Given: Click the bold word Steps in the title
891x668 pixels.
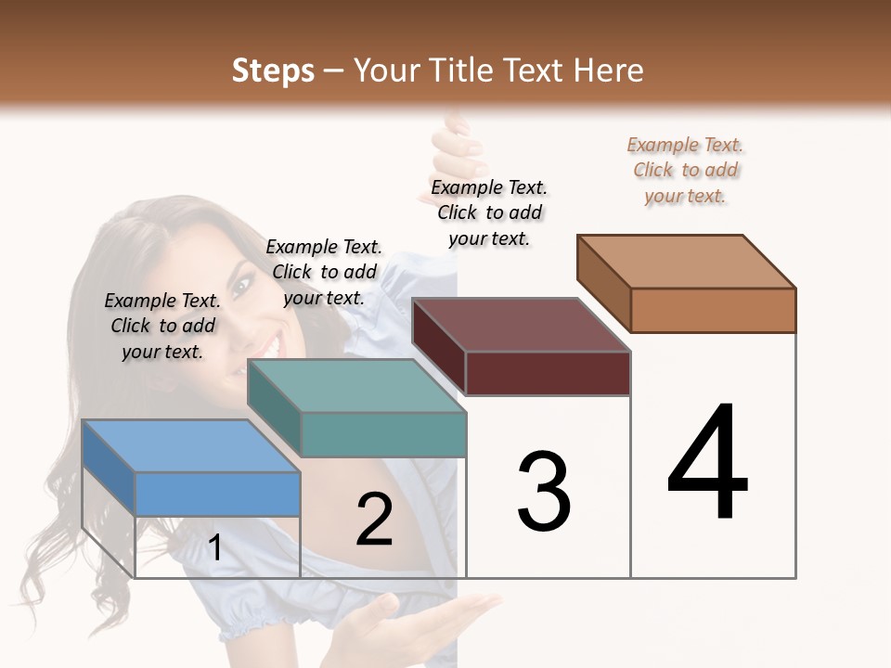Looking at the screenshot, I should tap(273, 71).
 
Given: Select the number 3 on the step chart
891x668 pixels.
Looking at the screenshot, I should tap(543, 492).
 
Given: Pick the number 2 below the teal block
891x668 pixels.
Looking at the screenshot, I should tap(374, 520).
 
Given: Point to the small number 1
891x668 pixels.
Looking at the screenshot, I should tap(214, 548).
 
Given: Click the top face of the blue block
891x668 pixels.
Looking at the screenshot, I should tap(190, 446).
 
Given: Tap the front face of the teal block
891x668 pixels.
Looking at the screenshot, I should tap(383, 434).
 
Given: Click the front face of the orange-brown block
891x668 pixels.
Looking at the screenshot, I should tap(713, 310).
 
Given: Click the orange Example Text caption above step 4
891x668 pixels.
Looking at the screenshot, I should tap(686, 170).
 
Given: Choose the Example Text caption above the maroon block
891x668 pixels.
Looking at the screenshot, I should tap(489, 212).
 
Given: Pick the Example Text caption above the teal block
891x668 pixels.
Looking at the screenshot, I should tap(324, 272).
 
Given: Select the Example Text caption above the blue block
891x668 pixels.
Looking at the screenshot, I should tap(162, 326).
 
